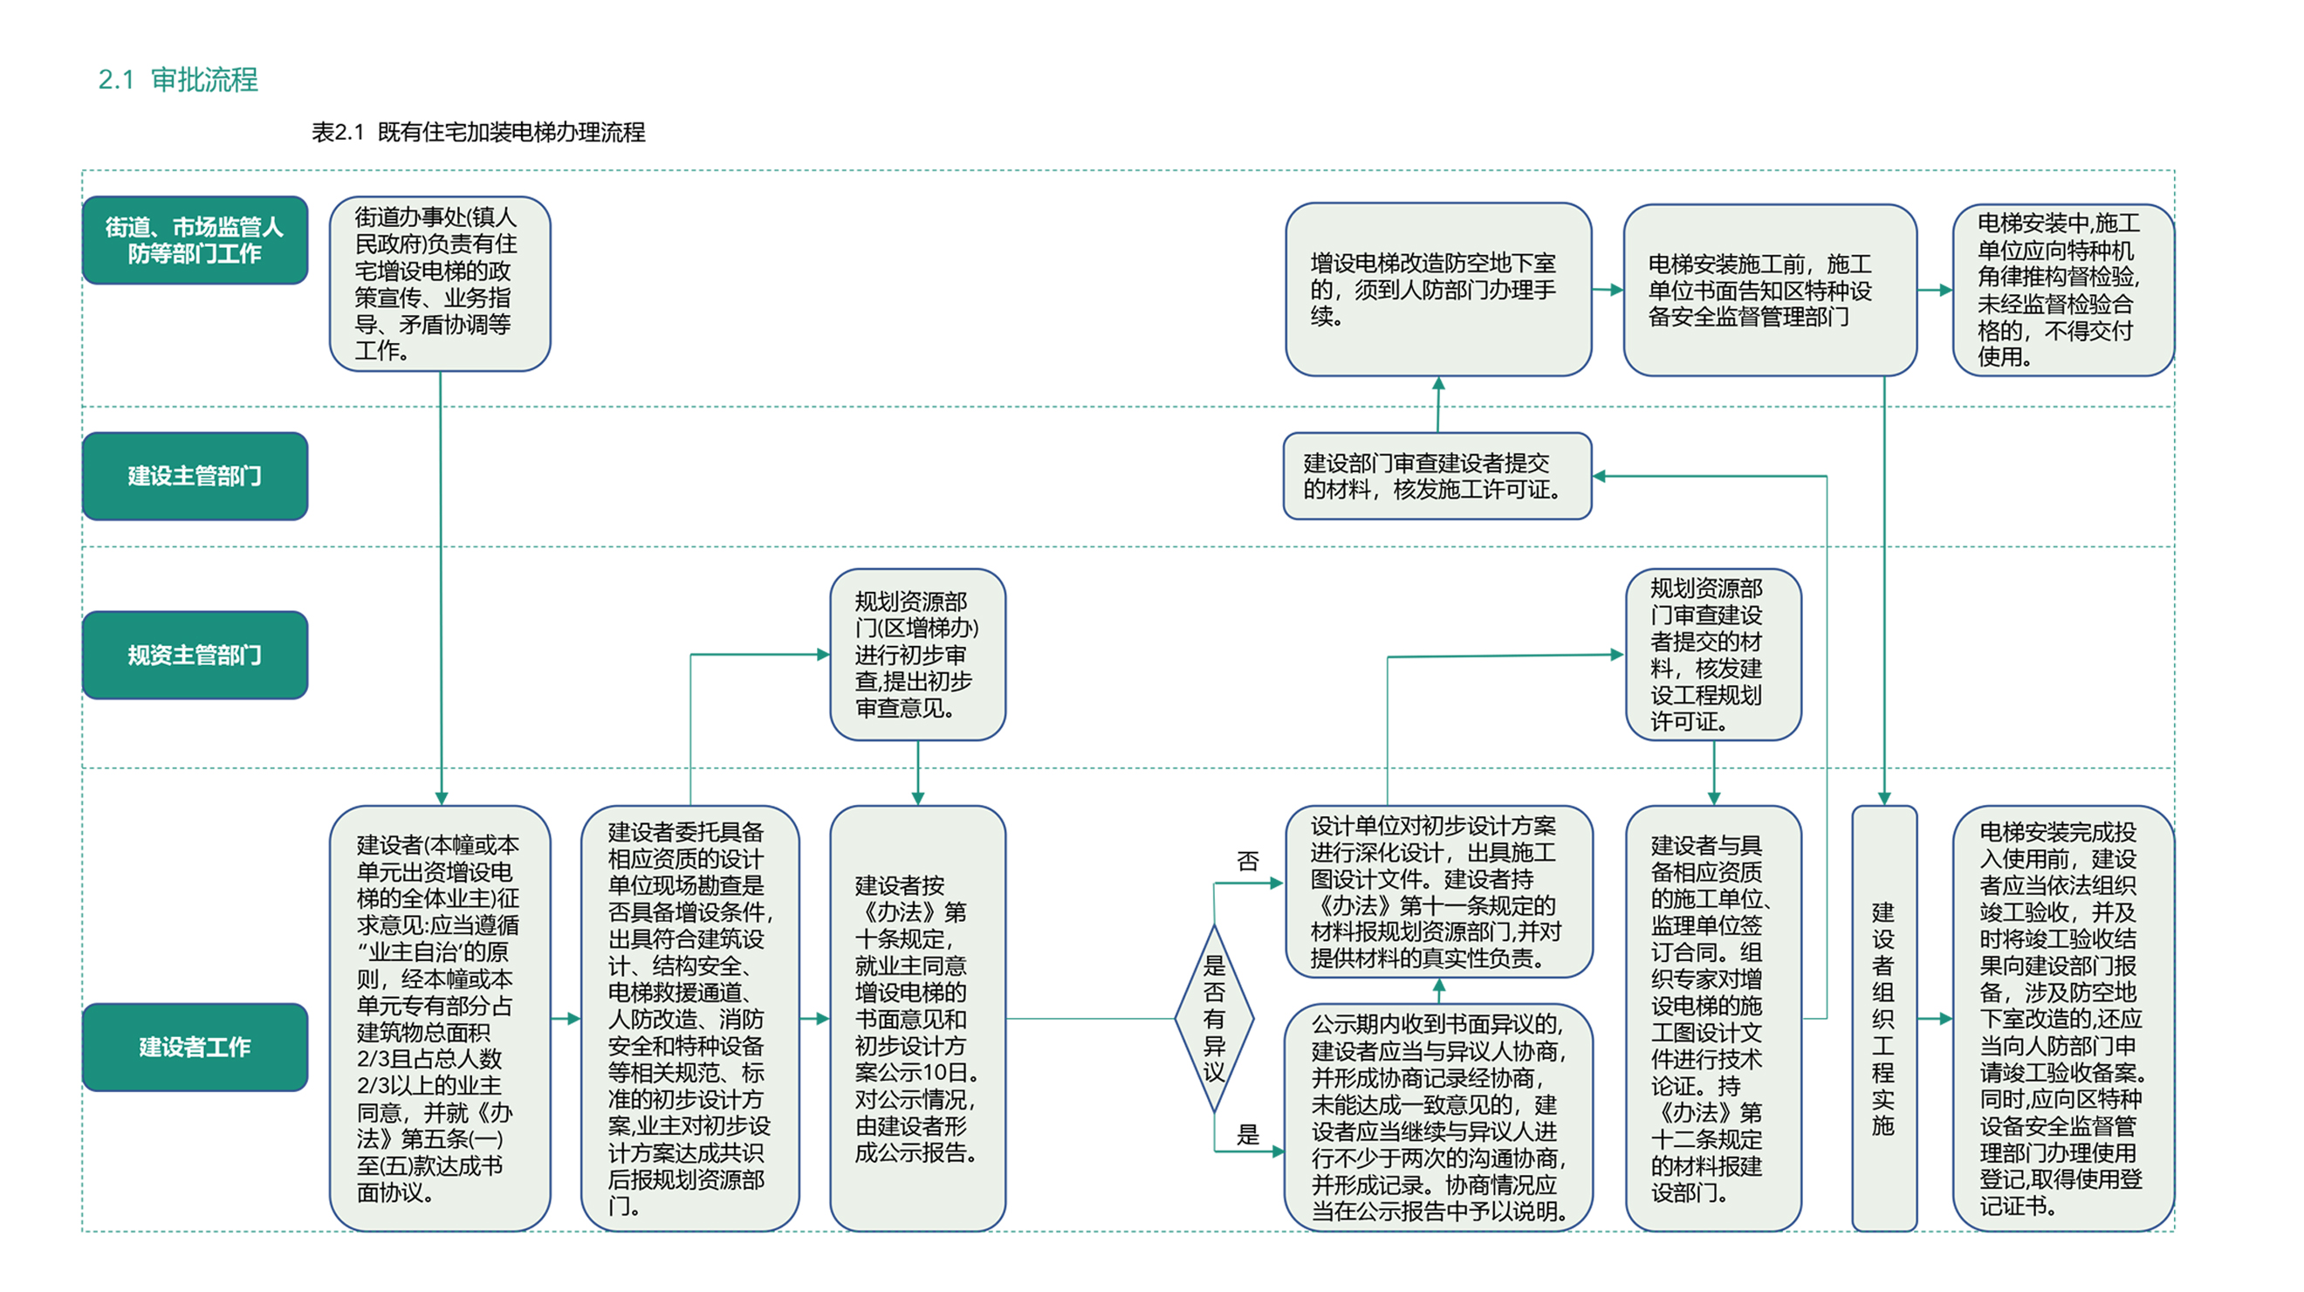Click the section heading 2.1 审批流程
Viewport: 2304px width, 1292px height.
[x=178, y=79]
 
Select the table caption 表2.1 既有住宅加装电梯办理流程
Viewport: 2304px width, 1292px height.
[x=477, y=133]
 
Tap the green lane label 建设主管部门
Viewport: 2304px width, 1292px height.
[x=195, y=476]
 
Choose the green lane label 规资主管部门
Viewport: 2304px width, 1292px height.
[x=195, y=655]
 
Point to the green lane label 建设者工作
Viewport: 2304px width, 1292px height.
[x=195, y=1047]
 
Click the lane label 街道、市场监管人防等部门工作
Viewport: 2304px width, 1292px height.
[x=195, y=241]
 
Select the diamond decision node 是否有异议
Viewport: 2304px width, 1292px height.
[x=1214, y=1018]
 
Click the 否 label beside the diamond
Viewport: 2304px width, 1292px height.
[x=1248, y=861]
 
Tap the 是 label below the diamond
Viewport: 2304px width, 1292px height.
[x=1248, y=1135]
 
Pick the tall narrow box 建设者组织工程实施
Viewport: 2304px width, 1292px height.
[x=1883, y=1018]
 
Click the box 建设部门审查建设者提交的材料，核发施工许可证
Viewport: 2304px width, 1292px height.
[x=1437, y=476]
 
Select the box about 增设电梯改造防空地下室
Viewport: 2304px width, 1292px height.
[x=1438, y=289]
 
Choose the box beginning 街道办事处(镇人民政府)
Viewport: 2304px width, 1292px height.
[x=440, y=284]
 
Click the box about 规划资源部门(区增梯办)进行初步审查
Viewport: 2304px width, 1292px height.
[x=917, y=655]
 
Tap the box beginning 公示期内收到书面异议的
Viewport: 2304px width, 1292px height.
[x=1438, y=1117]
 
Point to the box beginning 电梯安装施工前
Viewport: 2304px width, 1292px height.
[x=1770, y=290]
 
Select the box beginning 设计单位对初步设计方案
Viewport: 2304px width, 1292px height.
[x=1438, y=892]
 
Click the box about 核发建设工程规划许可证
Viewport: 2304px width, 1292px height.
[x=1714, y=655]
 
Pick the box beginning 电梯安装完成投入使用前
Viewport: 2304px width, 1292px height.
[x=2063, y=1018]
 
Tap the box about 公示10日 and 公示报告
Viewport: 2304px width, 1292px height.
[x=917, y=1018]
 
